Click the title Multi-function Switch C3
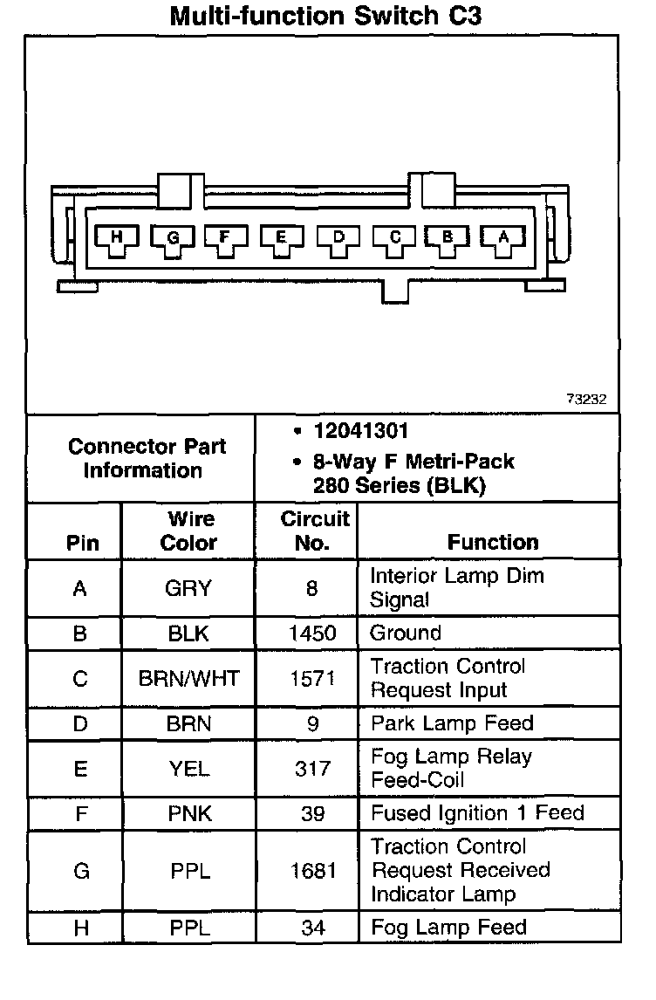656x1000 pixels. (x=325, y=16)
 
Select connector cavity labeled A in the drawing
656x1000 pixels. (x=502, y=237)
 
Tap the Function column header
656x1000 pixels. (x=493, y=542)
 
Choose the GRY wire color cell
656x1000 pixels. (x=188, y=589)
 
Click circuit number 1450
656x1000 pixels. (x=312, y=634)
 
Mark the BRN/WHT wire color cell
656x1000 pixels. (x=188, y=679)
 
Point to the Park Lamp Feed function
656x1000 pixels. (x=452, y=723)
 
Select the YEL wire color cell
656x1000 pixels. (x=188, y=769)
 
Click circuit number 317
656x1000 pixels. (x=312, y=769)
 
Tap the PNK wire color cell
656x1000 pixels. (x=188, y=814)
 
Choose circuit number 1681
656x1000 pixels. (x=312, y=871)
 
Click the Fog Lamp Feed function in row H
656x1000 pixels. (x=448, y=928)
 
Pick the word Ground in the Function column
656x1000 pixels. (x=406, y=634)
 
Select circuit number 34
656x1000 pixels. (x=312, y=928)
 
